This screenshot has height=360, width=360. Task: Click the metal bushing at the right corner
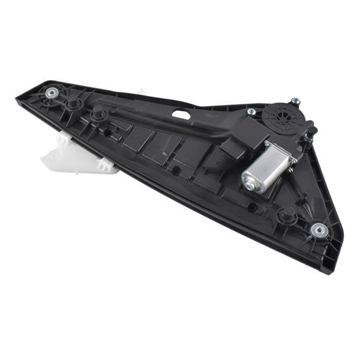coord(318,229)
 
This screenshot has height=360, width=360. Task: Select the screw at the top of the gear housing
coord(295,100)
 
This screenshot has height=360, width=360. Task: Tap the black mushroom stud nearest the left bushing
coord(75,104)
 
